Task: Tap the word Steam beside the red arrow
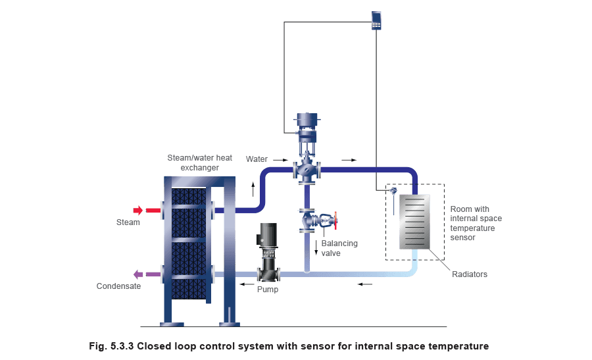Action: pyautogui.click(x=128, y=222)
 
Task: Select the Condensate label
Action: pyautogui.click(x=118, y=286)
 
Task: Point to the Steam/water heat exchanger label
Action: pyautogui.click(x=200, y=163)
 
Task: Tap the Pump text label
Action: pyautogui.click(x=268, y=290)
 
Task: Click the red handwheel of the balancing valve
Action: pyautogui.click(x=335, y=220)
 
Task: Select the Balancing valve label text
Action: pyautogui.click(x=339, y=248)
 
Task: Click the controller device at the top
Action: pyautogui.click(x=376, y=20)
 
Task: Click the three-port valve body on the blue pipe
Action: pyautogui.click(x=307, y=170)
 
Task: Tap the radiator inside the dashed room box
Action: pyautogui.click(x=414, y=222)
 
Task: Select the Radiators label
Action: pyautogui.click(x=469, y=274)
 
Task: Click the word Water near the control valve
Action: pyautogui.click(x=257, y=159)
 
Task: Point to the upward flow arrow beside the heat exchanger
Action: pyautogui.click(x=253, y=190)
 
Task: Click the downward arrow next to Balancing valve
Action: pyautogui.click(x=316, y=247)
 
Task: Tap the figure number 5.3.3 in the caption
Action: pyautogui.click(x=122, y=346)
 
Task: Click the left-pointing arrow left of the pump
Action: pyautogui.click(x=247, y=284)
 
